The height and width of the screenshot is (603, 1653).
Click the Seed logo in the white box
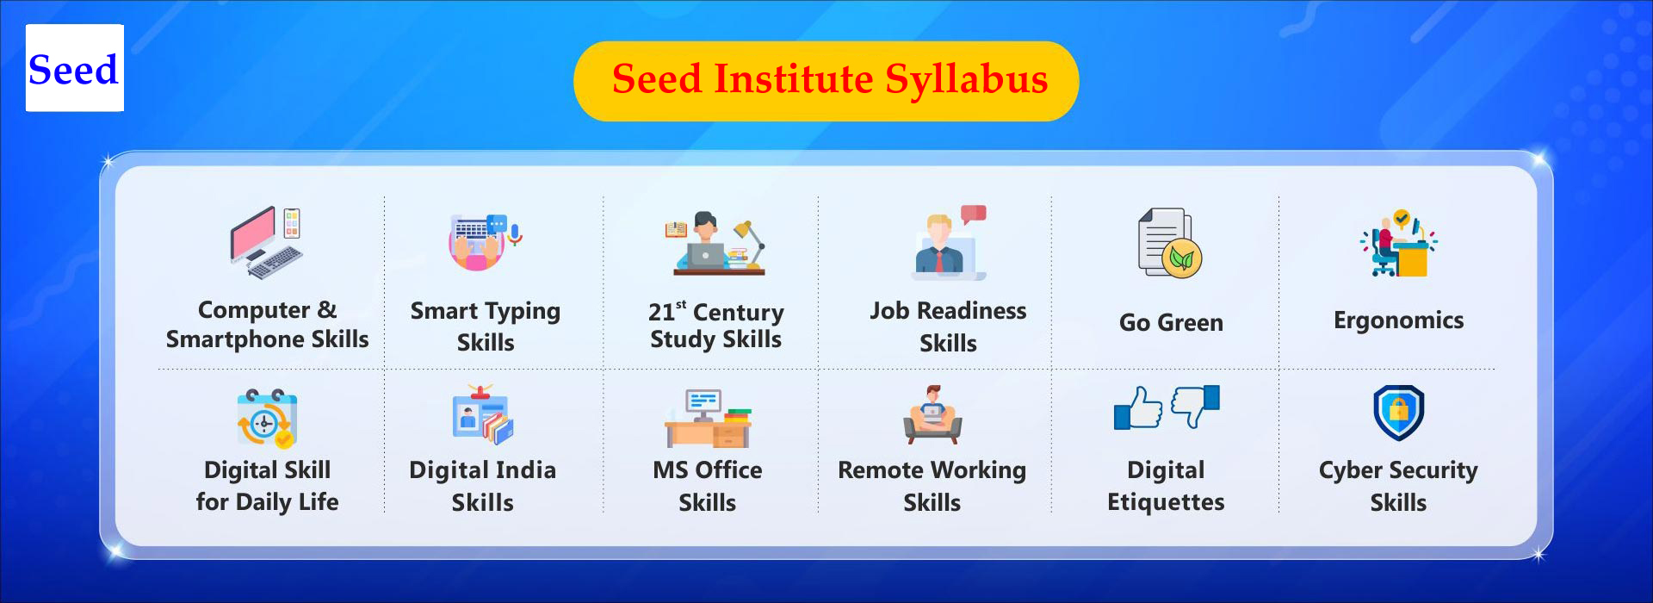[x=74, y=68]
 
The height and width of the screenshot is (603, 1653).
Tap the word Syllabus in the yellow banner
[x=967, y=80]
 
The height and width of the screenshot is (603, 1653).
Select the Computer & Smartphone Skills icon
[x=267, y=243]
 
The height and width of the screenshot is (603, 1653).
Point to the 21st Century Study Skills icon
[x=715, y=243]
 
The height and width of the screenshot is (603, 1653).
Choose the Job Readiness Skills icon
[x=949, y=242]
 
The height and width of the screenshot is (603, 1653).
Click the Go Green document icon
[x=1170, y=243]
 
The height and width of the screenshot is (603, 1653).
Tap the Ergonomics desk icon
[x=1398, y=243]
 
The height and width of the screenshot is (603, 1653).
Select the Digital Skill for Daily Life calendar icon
[x=267, y=418]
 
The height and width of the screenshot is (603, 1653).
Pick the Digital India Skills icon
[x=483, y=415]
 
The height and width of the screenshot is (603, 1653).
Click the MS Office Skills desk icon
[x=708, y=418]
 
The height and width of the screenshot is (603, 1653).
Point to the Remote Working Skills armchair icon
[x=932, y=415]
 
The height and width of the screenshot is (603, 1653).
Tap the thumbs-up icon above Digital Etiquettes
[x=1138, y=408]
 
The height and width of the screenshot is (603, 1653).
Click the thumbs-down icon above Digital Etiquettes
[x=1195, y=406]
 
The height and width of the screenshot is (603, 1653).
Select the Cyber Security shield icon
[x=1398, y=413]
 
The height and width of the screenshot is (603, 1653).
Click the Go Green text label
[x=1171, y=322]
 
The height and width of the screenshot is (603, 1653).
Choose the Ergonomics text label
[x=1398, y=320]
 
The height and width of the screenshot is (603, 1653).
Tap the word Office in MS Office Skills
[x=727, y=470]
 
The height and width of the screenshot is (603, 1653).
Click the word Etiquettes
[x=1166, y=502]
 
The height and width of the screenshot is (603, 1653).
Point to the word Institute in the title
[x=793, y=79]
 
